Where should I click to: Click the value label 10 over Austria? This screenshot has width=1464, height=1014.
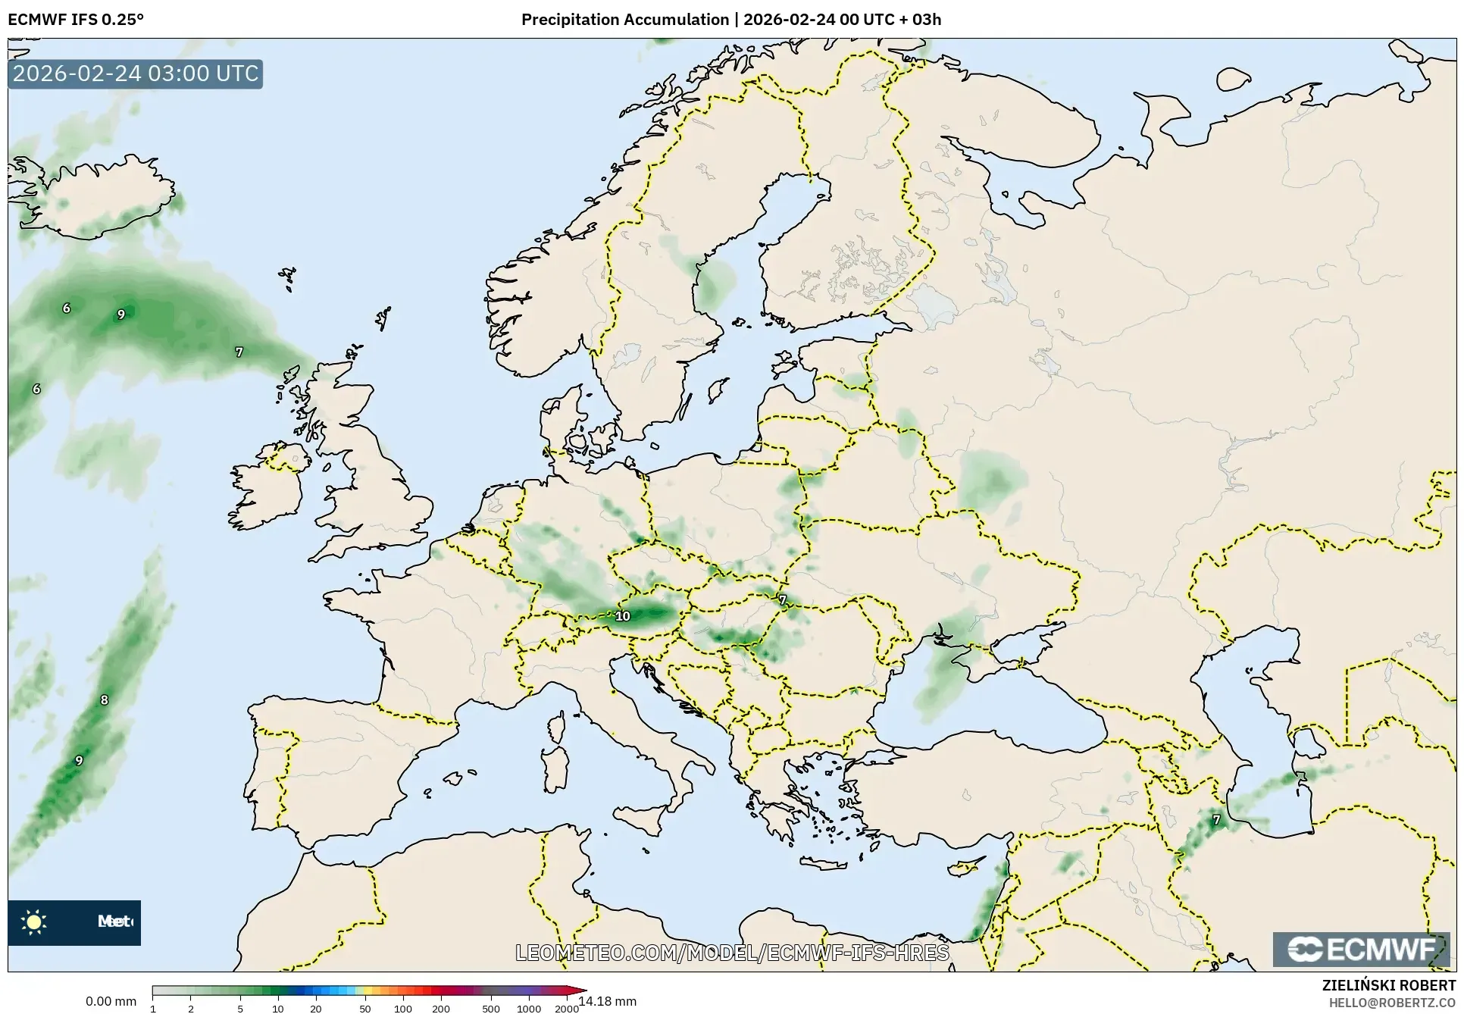(x=623, y=616)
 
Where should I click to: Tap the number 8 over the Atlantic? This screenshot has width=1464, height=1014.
(x=105, y=699)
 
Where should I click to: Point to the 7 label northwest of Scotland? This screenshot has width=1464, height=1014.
(x=239, y=352)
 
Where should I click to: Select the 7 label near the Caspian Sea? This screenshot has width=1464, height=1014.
(x=1216, y=819)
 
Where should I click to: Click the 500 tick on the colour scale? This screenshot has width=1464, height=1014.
(x=490, y=1009)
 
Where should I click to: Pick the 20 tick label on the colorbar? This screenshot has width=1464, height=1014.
(x=315, y=1009)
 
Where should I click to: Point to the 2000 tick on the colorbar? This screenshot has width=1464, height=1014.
(x=566, y=1009)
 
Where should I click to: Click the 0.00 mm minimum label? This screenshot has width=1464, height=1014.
(x=111, y=1001)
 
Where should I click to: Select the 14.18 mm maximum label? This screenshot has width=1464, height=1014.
(x=608, y=1001)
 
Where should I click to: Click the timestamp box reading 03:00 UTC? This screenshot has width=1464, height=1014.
(x=136, y=74)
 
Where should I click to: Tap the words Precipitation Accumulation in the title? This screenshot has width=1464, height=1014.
(x=624, y=20)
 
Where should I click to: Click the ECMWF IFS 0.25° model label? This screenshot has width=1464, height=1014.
(x=76, y=20)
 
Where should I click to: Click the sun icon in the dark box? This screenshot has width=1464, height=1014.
(x=34, y=922)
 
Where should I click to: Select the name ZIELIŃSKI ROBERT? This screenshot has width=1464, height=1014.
(x=1388, y=986)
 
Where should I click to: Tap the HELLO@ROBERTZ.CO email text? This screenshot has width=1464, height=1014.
(x=1392, y=1003)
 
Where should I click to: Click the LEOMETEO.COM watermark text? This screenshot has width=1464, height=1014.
(x=732, y=953)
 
